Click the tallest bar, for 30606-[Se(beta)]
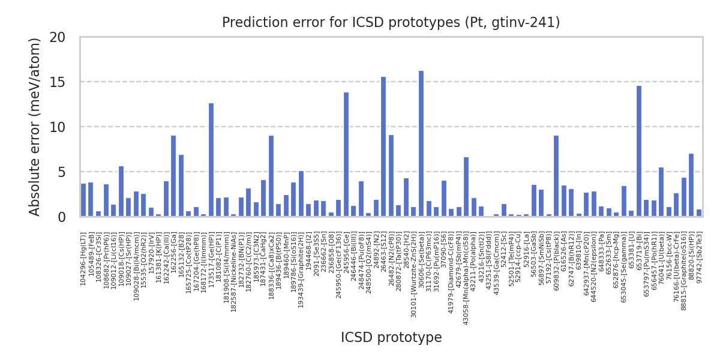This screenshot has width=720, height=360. coord(421,144)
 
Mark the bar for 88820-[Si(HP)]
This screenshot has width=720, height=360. coord(691,185)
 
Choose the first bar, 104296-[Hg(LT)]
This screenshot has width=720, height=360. coord(83,200)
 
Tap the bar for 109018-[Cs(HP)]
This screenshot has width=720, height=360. coord(121,191)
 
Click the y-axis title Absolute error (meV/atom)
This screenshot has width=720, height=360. coord(35,126)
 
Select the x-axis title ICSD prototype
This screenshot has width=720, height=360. coord(391,338)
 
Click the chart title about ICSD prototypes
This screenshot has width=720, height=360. coord(391,23)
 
